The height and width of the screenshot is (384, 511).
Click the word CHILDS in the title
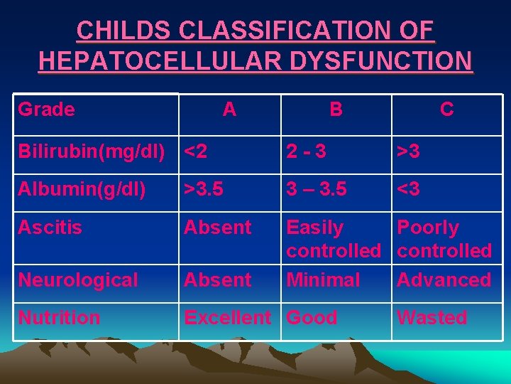(123, 31)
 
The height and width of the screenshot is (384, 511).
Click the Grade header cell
(46, 110)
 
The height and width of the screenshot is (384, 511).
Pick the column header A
(229, 110)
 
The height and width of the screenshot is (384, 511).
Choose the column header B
(336, 110)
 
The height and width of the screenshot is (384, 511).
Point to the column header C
(446, 110)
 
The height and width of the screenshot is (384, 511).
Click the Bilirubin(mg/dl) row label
(92, 151)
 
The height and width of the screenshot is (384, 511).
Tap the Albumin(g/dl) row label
(82, 190)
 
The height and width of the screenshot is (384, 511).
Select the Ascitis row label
(50, 228)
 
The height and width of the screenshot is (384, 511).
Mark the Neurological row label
(78, 280)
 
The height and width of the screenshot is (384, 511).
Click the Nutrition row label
(59, 317)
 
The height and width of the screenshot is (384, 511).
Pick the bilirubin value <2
(196, 151)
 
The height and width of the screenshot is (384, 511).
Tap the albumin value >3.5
(204, 190)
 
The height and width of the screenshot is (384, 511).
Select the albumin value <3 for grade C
(409, 190)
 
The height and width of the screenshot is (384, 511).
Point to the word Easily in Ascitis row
(314, 228)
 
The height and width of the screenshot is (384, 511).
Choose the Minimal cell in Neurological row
(323, 280)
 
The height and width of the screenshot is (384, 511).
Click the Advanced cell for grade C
(444, 280)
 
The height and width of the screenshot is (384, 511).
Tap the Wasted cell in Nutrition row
(432, 317)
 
